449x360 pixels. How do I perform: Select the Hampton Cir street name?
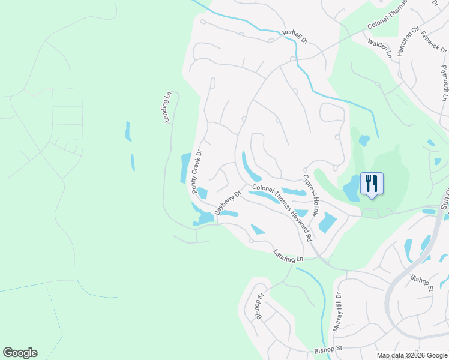coord(408,43)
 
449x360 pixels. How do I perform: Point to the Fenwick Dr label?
coord(435,42)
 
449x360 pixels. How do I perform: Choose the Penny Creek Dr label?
coord(197,171)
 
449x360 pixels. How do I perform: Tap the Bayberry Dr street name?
coord(228,203)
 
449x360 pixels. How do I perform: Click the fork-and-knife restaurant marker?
coord(371,182)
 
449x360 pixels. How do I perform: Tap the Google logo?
coord(20,353)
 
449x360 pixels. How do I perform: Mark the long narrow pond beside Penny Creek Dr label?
coord(185,168)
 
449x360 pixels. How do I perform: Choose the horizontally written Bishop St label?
coord(327,348)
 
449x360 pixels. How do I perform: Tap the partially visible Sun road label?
coord(444,198)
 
